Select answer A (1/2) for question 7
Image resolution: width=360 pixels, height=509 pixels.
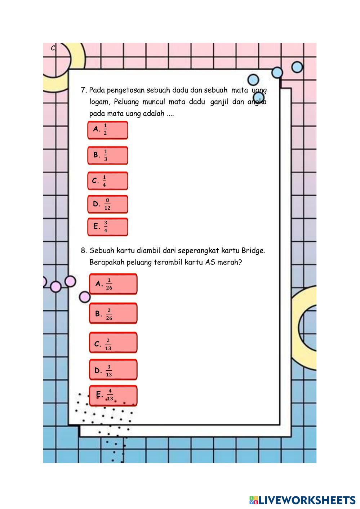(107, 130)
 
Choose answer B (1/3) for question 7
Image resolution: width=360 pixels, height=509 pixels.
(107, 155)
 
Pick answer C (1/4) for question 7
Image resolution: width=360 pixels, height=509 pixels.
(107, 181)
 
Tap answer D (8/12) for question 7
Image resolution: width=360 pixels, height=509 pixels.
(107, 204)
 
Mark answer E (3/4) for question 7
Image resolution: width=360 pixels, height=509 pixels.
(107, 227)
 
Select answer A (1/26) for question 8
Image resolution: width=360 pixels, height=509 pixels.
(113, 284)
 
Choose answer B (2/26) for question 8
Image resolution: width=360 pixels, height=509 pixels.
(113, 314)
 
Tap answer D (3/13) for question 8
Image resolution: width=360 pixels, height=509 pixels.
(113, 370)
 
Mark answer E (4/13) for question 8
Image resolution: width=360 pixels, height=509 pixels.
(113, 396)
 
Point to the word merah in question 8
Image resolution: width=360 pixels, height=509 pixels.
(230, 263)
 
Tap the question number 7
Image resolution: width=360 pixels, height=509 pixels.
(83, 90)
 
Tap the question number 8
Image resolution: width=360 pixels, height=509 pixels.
(83, 251)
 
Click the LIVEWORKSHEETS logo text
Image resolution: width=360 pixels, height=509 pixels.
(307, 500)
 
